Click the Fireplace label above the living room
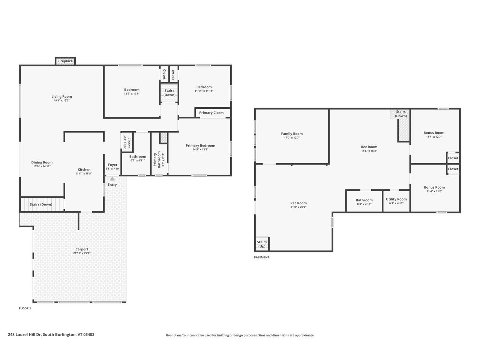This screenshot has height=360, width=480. click(65, 61)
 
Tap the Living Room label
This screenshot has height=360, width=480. click(61, 97)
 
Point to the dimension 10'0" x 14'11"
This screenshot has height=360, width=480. click(42, 166)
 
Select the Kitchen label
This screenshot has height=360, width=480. click(84, 169)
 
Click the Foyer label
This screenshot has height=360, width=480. click(112, 165)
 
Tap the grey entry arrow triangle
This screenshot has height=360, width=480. click(112, 179)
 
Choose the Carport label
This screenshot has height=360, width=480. click(82, 249)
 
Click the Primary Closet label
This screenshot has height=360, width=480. click(211, 112)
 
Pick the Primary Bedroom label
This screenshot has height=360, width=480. click(200, 145)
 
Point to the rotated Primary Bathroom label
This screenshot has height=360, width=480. click(157, 159)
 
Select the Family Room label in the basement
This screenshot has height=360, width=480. click(292, 133)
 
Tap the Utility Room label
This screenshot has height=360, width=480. click(396, 199)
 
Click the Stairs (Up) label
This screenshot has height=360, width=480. click(262, 244)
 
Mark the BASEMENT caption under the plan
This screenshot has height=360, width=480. click(261, 257)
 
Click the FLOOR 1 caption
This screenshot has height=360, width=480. click(25, 308)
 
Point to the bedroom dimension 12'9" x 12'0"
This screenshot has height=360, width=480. click(132, 94)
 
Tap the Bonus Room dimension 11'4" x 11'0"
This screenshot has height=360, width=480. click(434, 191)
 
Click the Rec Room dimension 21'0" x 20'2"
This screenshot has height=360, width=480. click(298, 207)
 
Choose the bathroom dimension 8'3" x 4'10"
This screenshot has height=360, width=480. click(364, 204)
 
